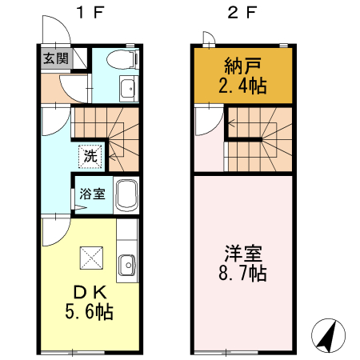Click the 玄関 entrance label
click(56, 58)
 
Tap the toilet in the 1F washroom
click(122, 58)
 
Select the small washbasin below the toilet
click(126, 89)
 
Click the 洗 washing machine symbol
click(89, 155)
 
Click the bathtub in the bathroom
click(127, 194)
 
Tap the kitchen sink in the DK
click(126, 265)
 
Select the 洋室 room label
click(241, 255)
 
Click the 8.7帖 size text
click(241, 274)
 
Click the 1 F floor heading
click(87, 13)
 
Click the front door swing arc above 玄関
click(54, 30)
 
